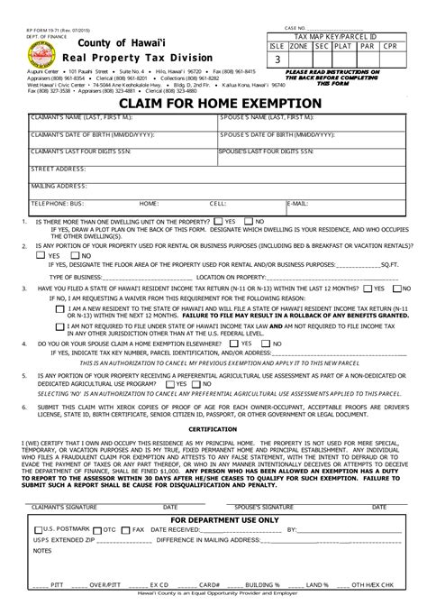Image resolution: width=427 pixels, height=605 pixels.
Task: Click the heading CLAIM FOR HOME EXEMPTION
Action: pos(213,104)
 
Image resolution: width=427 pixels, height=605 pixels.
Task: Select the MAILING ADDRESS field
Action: pos(213,188)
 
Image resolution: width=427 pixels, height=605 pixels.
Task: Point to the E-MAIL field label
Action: pos(297,204)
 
